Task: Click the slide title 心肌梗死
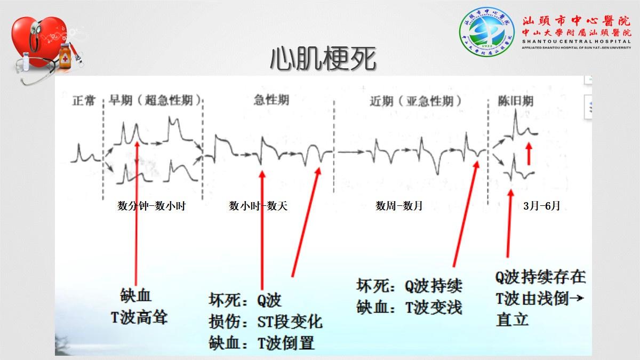tap(323, 59)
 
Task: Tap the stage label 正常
tap(83, 100)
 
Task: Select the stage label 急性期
tap(272, 100)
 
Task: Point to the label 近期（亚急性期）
tap(415, 101)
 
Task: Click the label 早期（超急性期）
tap(156, 100)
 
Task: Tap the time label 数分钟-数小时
tap(151, 206)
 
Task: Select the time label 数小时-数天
tap(258, 206)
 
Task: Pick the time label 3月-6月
tap(542, 206)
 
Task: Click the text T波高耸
tap(139, 318)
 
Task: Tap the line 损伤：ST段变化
tap(265, 322)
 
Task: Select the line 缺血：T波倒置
tap(261, 342)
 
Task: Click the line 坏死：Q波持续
tap(409, 286)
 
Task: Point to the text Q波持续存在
tap(540, 277)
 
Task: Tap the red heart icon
tap(40, 43)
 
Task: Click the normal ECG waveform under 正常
tap(85, 154)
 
